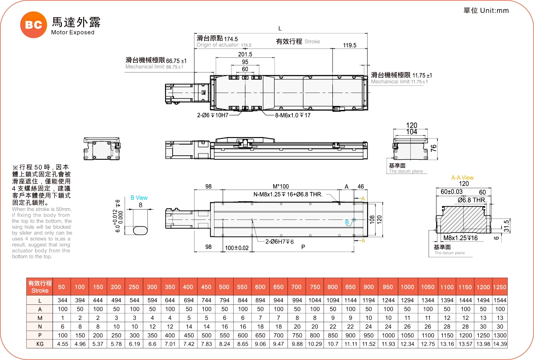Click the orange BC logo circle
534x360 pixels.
click(x=33, y=25)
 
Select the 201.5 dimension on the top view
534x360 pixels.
click(x=245, y=54)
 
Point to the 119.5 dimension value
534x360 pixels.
click(x=350, y=45)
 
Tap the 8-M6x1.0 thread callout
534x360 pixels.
click(x=292, y=115)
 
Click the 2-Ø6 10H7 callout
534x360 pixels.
click(x=213, y=115)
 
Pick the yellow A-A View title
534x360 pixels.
click(x=462, y=178)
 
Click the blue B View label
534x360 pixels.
click(x=139, y=198)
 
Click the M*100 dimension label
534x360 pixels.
click(x=280, y=186)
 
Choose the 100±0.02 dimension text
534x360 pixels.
click(x=237, y=247)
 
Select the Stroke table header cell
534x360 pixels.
click(x=40, y=287)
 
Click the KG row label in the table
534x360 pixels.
click(x=40, y=344)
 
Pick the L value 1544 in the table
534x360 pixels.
click(x=500, y=300)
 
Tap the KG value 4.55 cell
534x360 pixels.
click(x=62, y=344)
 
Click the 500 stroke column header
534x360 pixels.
click(x=224, y=287)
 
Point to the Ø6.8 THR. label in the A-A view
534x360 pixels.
click(x=471, y=200)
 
